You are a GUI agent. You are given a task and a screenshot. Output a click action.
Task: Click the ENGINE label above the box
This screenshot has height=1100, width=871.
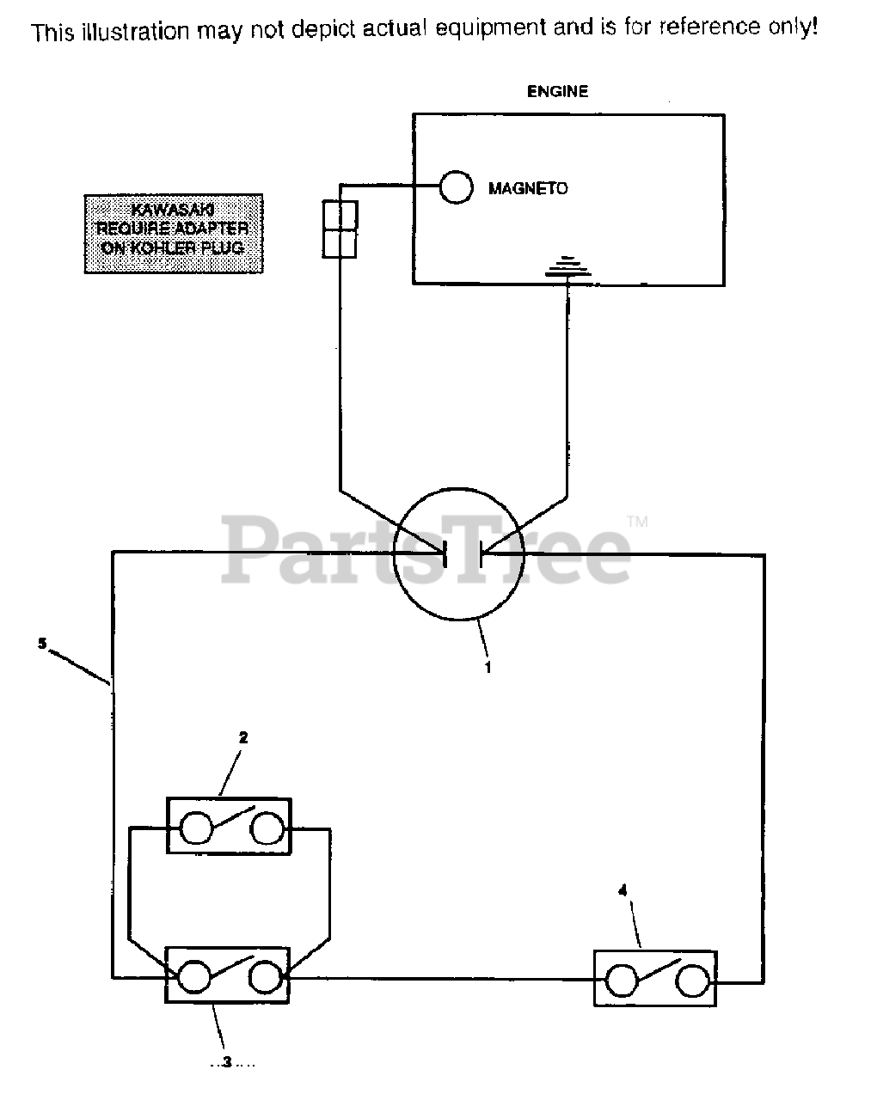coord(557,91)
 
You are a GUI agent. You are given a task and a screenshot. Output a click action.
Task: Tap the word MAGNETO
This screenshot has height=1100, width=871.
coord(528,188)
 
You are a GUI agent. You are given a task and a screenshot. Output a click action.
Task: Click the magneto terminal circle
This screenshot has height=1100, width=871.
coord(456,187)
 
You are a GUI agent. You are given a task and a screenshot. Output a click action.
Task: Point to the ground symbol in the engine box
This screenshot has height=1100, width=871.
coord(567,269)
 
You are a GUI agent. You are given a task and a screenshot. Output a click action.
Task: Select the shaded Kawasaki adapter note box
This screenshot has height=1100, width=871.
coord(173,235)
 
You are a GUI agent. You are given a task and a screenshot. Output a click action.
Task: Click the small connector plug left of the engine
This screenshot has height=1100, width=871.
coord(339,229)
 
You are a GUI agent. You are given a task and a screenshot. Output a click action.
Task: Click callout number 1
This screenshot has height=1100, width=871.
coord(488,667)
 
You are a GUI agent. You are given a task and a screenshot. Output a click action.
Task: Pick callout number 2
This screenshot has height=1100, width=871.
coord(243,737)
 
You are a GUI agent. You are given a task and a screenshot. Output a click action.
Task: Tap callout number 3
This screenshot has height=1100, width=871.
coord(227,1063)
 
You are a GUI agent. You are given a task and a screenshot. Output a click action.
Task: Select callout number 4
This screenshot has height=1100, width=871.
coord(623,891)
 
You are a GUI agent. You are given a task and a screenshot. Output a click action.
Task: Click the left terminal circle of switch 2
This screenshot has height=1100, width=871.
coord(195,828)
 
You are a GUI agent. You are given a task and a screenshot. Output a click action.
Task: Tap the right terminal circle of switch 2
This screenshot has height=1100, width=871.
coord(267,828)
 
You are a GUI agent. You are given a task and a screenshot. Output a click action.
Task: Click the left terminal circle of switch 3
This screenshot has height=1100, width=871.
coord(193,976)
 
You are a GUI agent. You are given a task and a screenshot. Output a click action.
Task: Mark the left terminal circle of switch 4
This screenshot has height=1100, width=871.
coord(622,980)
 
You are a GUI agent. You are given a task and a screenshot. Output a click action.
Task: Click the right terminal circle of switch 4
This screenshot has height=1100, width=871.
coord(691,980)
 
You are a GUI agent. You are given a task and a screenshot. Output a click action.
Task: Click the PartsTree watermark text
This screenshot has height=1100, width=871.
coord(426,547)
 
